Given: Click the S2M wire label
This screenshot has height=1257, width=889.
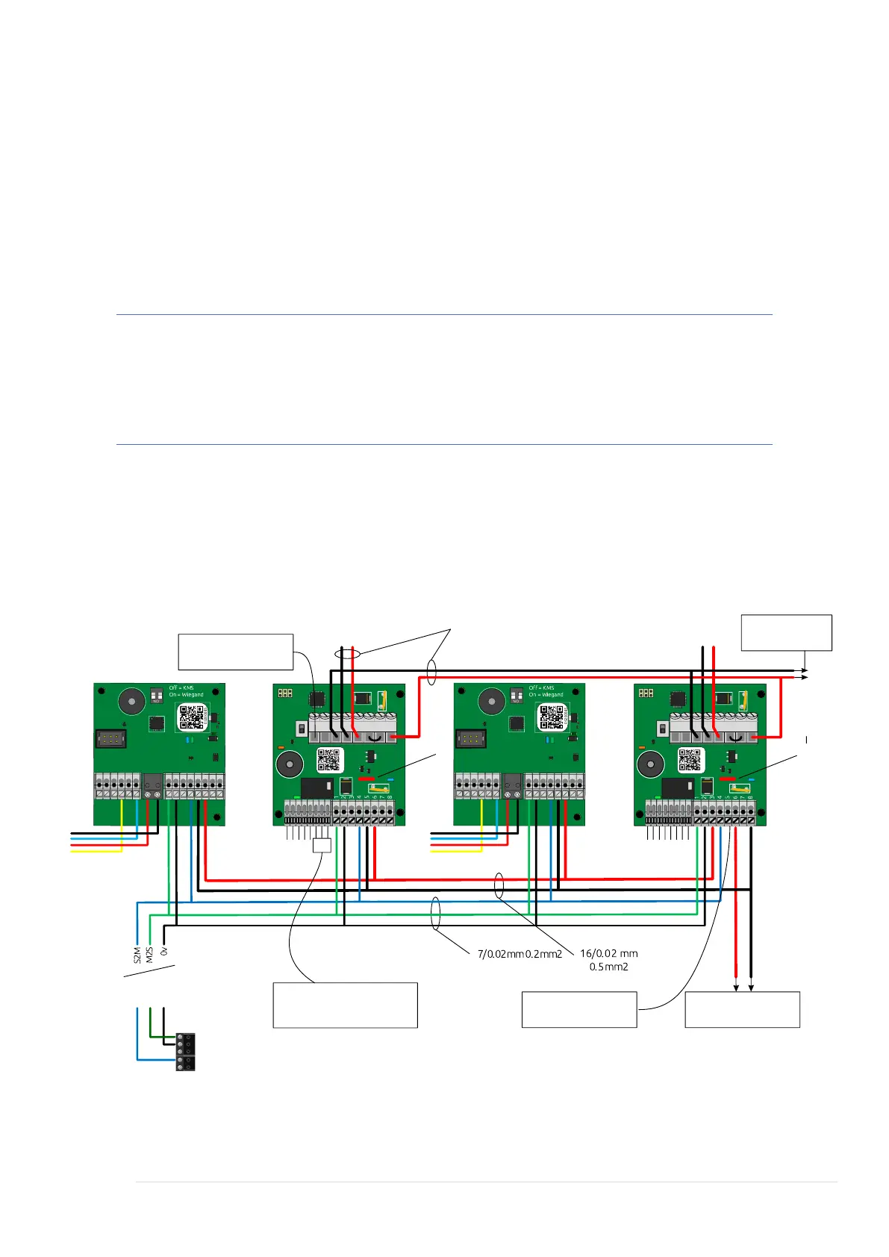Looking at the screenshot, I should click(137, 955).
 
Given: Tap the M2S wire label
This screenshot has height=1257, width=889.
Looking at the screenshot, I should click(150, 955).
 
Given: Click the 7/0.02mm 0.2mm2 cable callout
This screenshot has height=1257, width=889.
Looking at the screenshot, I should click(520, 954).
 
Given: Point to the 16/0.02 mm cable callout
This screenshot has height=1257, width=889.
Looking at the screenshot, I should click(608, 953).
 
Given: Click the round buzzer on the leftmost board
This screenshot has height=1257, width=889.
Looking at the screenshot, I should click(133, 702).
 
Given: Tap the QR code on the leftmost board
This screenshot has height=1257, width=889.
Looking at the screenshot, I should click(192, 717).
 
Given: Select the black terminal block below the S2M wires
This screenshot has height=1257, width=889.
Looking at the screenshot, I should click(185, 1052).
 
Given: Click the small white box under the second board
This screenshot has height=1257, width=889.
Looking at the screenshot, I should click(321, 846).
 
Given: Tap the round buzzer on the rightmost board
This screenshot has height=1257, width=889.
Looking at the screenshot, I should click(649, 765).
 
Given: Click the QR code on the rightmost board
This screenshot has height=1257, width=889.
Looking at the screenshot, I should click(690, 760).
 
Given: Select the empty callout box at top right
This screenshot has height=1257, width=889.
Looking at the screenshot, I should click(786, 633).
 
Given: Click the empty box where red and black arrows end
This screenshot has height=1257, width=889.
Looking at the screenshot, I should click(742, 1010).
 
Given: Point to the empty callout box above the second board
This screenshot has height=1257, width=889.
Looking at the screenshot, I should click(235, 652).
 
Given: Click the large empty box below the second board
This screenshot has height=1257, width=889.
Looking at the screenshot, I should click(345, 1005).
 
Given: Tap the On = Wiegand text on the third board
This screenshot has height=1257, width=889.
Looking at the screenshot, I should click(546, 695).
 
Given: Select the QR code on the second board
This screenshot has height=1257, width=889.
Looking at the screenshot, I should click(329, 760).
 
